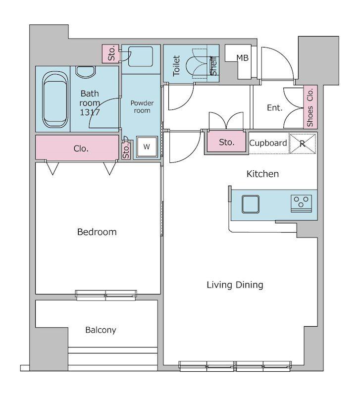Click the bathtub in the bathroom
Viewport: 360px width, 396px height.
click(x=55, y=99)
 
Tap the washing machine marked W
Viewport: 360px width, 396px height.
click(x=147, y=147)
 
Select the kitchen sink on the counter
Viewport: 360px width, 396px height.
click(x=251, y=204)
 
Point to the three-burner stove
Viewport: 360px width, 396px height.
click(x=301, y=203)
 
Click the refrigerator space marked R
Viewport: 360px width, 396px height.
click(x=303, y=144)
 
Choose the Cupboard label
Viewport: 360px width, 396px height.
click(x=268, y=143)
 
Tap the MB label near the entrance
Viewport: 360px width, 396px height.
click(x=243, y=58)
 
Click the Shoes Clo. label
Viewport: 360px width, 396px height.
click(x=310, y=107)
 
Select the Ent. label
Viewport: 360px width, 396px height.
click(x=275, y=108)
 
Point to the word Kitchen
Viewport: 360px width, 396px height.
click(x=263, y=174)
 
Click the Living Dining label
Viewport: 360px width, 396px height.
click(x=235, y=285)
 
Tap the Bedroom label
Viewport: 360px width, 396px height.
click(x=97, y=232)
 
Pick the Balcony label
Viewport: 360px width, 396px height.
click(x=101, y=330)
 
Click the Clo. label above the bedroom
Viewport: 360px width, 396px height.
click(x=81, y=148)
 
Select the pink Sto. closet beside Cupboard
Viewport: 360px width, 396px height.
click(x=227, y=143)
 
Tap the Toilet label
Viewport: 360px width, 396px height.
click(x=176, y=66)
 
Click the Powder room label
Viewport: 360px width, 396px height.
click(x=142, y=107)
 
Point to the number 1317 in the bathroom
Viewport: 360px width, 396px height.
click(x=90, y=112)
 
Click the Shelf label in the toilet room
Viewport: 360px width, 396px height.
click(x=214, y=66)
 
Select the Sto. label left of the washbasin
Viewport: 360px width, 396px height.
click(x=111, y=53)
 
